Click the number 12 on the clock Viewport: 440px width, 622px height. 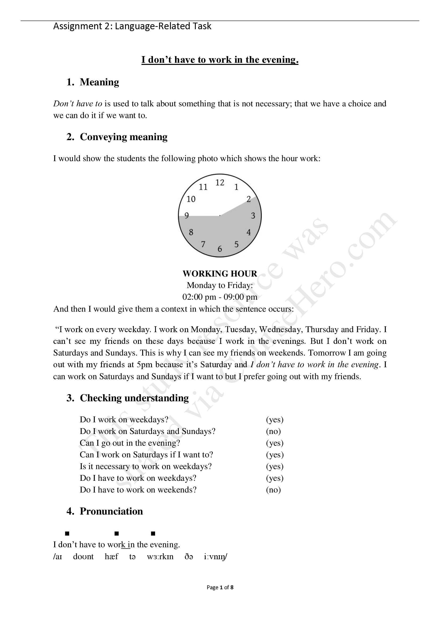click(x=220, y=183)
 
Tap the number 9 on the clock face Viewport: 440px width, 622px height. click(x=186, y=216)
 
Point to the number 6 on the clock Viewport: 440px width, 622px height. click(x=220, y=249)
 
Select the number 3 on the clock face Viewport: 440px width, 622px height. click(x=253, y=216)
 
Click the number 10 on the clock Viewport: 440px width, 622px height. click(x=191, y=199)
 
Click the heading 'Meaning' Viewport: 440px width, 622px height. click(x=99, y=82)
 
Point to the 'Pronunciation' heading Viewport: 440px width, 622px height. click(x=111, y=511)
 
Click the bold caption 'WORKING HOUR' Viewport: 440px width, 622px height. click(x=220, y=274)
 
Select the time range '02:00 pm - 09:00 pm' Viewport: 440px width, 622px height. click(x=220, y=297)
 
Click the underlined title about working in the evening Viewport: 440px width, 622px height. click(x=220, y=60)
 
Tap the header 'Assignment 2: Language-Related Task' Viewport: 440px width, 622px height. click(x=132, y=26)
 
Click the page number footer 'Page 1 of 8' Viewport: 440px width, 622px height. click(x=220, y=587)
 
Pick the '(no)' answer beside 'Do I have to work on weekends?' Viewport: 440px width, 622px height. click(x=273, y=490)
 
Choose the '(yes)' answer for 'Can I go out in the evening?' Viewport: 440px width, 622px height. click(x=275, y=443)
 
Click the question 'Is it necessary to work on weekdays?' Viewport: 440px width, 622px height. click(x=146, y=466)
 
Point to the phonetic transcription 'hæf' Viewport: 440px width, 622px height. click(x=112, y=557)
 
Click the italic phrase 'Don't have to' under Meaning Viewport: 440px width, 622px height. click(x=78, y=103)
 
